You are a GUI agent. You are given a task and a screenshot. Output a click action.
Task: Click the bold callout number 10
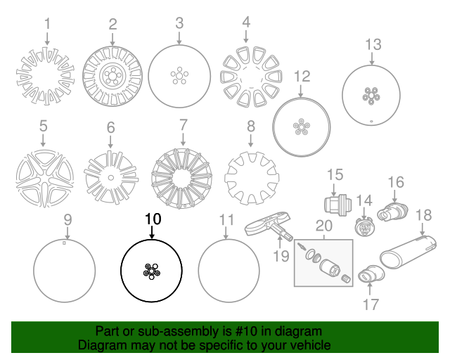(x=153, y=219)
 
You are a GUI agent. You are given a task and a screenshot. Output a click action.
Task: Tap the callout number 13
(x=373, y=45)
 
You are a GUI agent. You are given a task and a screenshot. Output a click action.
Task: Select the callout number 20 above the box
(x=324, y=226)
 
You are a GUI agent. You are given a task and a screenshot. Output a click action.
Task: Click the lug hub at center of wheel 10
(x=151, y=271)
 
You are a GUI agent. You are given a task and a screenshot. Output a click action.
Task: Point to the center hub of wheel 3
(x=179, y=76)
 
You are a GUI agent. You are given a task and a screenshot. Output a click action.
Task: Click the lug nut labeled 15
(x=338, y=205)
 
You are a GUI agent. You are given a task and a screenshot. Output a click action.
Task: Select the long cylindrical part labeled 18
(x=408, y=252)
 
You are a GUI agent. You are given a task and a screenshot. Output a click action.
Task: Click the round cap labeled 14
(x=364, y=226)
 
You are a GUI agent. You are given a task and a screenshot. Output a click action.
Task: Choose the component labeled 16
(x=392, y=212)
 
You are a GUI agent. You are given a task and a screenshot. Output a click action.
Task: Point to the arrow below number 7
(x=183, y=139)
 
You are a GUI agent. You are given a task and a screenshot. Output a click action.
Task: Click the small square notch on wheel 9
(x=64, y=243)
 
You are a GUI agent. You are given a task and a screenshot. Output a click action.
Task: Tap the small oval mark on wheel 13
(x=371, y=121)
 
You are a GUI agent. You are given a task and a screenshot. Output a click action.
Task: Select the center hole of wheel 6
(x=111, y=178)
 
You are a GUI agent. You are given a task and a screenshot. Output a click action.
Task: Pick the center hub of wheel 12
(x=302, y=127)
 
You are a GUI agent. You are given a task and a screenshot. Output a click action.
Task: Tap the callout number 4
(x=246, y=22)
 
